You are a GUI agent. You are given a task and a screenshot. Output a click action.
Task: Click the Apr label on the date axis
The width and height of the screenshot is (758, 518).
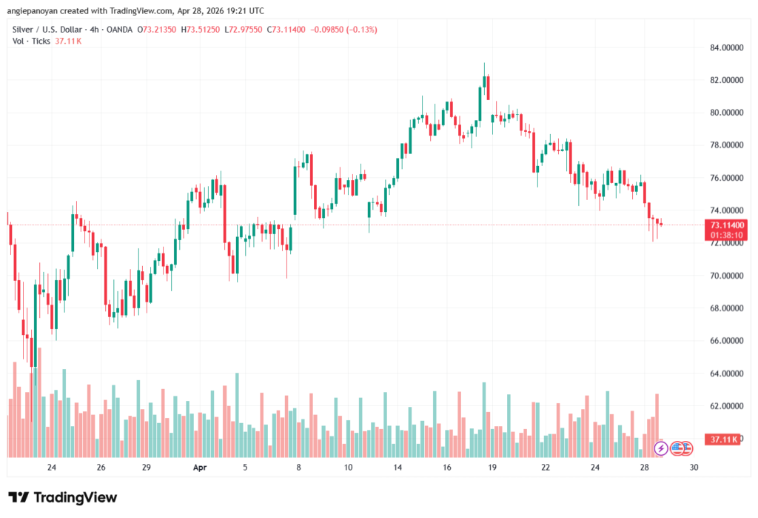pyautogui.click(x=199, y=468)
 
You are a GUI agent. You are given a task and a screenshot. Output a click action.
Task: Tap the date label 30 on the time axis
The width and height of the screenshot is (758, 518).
pyautogui.click(x=693, y=468)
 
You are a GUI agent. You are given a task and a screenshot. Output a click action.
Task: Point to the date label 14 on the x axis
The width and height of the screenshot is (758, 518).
pyautogui.click(x=397, y=468)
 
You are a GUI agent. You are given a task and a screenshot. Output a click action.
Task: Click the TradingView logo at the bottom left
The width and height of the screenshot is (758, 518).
pyautogui.click(x=62, y=497)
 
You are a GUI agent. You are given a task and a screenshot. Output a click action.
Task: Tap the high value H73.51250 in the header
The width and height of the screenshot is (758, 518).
pyautogui.click(x=204, y=30)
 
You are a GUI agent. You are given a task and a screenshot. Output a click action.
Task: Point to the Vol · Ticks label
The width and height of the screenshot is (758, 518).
pyautogui.click(x=31, y=41)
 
